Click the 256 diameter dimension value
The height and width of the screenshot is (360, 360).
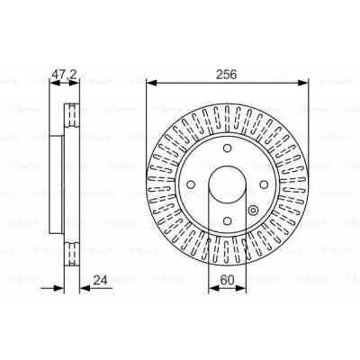[226, 76]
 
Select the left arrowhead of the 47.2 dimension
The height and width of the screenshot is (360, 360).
[51, 84]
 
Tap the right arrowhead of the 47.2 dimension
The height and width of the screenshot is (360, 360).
[73, 84]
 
